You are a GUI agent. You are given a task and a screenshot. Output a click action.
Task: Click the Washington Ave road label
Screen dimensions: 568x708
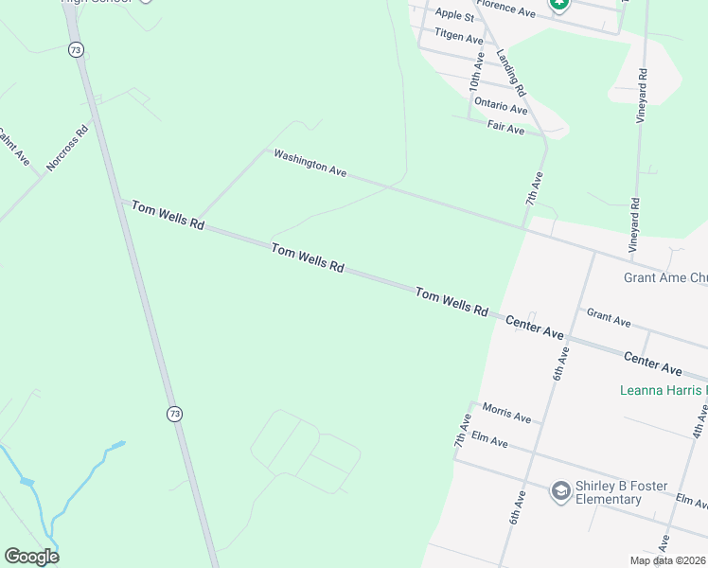click(x=310, y=163)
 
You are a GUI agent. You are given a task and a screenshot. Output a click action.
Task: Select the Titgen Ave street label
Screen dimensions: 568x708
click(x=459, y=36)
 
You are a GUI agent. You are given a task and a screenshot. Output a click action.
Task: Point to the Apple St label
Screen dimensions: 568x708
click(x=455, y=15)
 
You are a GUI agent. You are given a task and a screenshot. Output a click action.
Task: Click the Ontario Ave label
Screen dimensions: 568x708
click(x=501, y=106)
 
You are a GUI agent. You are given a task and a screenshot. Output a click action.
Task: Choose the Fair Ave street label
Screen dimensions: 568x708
click(x=505, y=128)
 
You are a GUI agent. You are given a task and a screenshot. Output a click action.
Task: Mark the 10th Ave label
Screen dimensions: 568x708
click(x=476, y=72)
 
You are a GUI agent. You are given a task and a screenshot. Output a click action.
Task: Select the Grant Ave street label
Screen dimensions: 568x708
click(x=609, y=318)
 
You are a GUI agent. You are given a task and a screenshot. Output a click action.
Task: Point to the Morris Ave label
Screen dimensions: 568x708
click(x=506, y=414)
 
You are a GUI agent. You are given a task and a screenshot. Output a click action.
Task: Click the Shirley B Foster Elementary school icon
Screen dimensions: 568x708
click(x=560, y=489)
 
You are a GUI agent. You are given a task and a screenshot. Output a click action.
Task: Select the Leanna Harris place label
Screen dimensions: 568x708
click(x=664, y=390)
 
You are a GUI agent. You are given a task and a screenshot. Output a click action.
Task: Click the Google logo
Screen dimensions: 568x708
click(x=31, y=557)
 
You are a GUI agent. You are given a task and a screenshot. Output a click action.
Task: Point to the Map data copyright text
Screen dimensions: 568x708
click(x=667, y=560)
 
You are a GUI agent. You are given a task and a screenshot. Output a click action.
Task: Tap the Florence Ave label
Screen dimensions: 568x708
click(x=506, y=8)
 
